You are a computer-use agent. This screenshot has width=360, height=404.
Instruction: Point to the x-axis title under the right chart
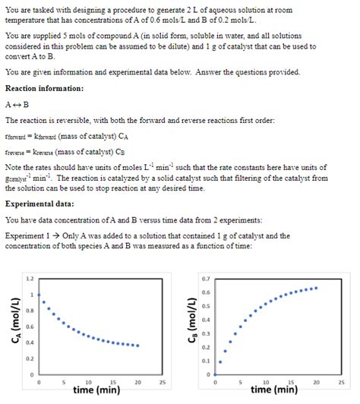pyautogui.click(x=274, y=390)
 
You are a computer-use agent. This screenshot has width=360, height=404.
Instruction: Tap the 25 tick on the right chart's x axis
pyautogui.click(x=340, y=382)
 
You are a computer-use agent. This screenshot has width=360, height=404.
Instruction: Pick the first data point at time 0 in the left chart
pyautogui.click(x=39, y=295)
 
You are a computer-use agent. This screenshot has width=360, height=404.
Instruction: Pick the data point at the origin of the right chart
pyautogui.click(x=216, y=375)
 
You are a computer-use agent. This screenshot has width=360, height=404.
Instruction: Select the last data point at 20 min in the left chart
pyautogui.click(x=137, y=346)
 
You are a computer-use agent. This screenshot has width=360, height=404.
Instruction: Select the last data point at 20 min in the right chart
pyautogui.click(x=315, y=288)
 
